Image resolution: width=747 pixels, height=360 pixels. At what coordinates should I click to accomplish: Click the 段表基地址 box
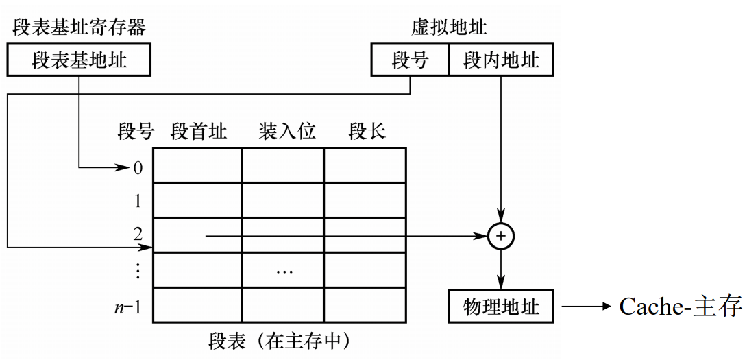pyautogui.click(x=79, y=60)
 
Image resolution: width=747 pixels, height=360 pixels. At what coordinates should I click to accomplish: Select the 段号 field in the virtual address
pyautogui.click(x=410, y=60)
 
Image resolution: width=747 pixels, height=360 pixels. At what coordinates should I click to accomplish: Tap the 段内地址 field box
pyautogui.click(x=501, y=60)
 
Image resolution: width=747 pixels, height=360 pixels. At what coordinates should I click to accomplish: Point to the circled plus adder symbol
pyautogui.click(x=501, y=236)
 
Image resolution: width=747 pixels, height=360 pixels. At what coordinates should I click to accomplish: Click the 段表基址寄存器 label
pyautogui.click(x=79, y=27)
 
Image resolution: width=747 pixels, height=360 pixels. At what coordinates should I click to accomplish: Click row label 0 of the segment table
pyautogui.click(x=138, y=167)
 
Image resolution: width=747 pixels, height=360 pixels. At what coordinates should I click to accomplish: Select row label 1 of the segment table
pyautogui.click(x=138, y=202)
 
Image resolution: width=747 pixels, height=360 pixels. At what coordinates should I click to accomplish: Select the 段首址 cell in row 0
pyautogui.click(x=197, y=165)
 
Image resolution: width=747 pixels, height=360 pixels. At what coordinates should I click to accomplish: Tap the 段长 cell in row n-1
pyautogui.click(x=365, y=306)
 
